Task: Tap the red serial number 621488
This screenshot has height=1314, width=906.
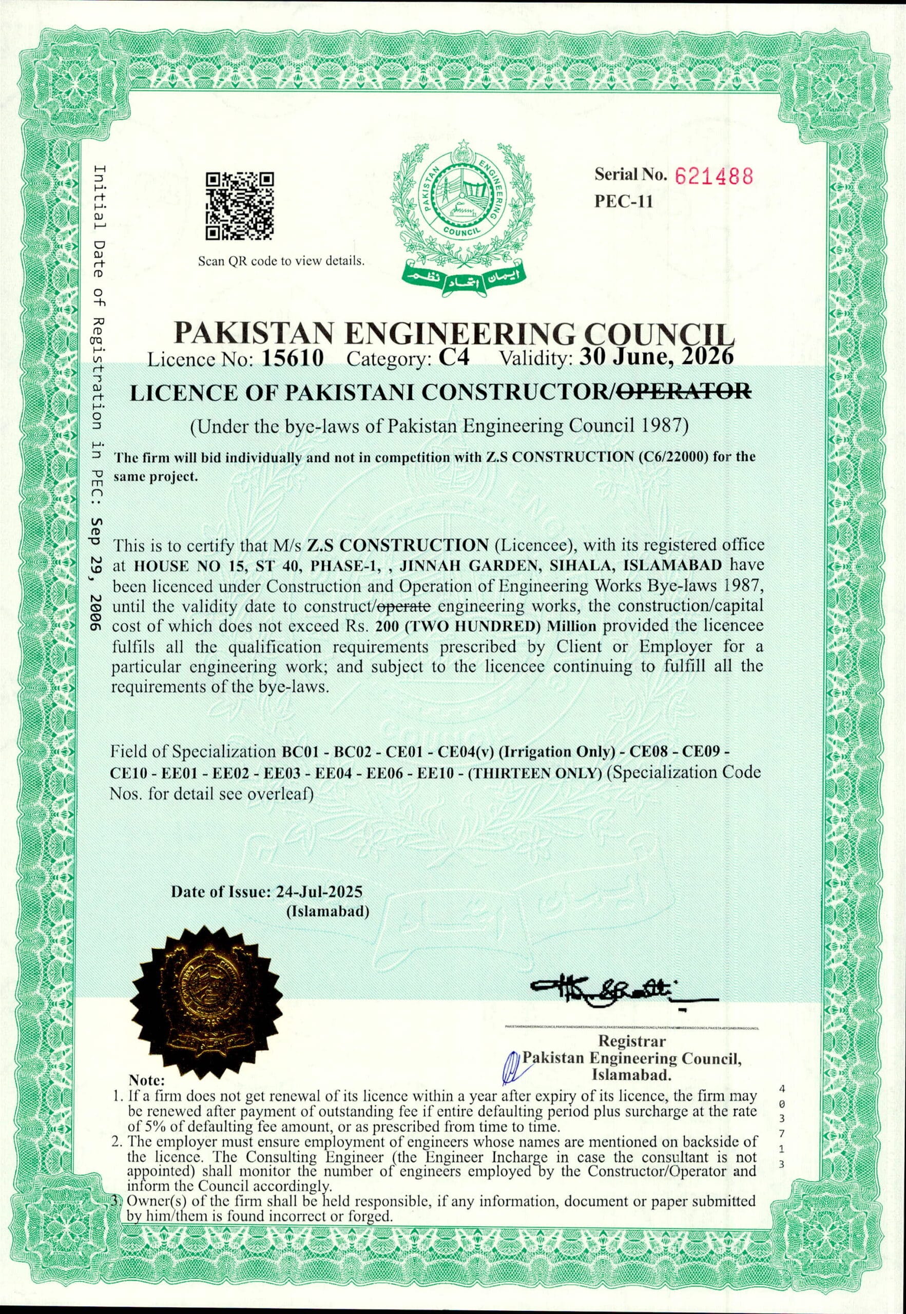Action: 714,177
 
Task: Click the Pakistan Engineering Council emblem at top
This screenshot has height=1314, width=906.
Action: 461,216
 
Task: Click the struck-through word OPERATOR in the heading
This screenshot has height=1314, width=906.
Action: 684,392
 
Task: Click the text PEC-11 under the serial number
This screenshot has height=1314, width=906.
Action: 623,202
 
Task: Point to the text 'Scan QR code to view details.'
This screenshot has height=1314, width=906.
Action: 281,262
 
